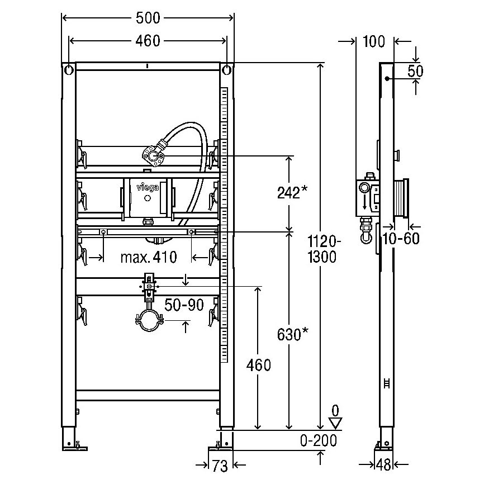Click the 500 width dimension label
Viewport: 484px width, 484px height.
click(148, 18)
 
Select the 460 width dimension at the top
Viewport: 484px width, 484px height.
click(148, 41)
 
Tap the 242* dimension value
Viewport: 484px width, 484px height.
click(292, 193)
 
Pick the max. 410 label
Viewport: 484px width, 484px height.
click(149, 257)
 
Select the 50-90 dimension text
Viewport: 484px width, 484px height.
click(184, 305)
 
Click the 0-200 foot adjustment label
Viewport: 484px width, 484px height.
click(318, 440)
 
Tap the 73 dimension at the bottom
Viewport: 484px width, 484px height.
click(220, 466)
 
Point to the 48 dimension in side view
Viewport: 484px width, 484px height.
click(384, 465)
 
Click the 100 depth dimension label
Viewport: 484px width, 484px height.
click(374, 42)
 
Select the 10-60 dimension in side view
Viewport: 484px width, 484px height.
click(401, 238)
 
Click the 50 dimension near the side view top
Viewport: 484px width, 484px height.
click(415, 72)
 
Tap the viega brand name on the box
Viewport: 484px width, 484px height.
click(148, 187)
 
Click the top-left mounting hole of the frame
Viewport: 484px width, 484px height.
click(68, 70)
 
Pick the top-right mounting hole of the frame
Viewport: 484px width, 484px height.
click(227, 70)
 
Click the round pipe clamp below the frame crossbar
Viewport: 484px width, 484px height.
click(149, 320)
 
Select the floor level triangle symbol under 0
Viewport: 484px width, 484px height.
click(335, 423)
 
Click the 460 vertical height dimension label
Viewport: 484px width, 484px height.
click(259, 365)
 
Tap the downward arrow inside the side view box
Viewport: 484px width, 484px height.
click(365, 203)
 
